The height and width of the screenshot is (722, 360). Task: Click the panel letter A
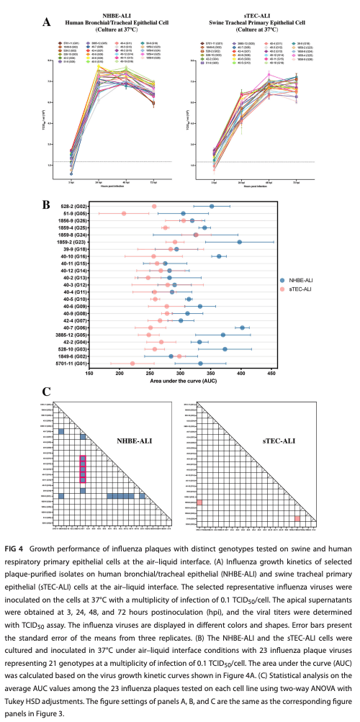click(47, 22)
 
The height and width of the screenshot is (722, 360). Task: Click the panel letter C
click(47, 392)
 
